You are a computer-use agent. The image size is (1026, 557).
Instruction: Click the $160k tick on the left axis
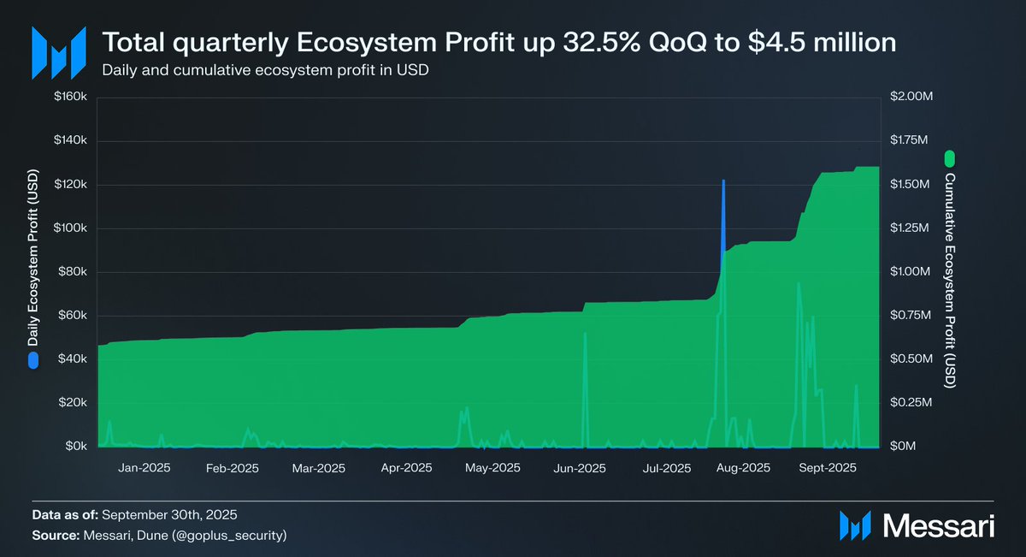71,97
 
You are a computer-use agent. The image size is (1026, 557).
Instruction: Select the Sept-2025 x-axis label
828,468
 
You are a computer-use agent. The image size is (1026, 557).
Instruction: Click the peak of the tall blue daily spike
723,181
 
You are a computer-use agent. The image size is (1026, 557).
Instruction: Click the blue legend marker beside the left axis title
33,360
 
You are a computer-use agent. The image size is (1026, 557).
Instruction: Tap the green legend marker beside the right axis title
949,159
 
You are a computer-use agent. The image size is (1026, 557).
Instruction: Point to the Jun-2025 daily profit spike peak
585,334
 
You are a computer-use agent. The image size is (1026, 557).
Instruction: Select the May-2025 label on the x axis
492,468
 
